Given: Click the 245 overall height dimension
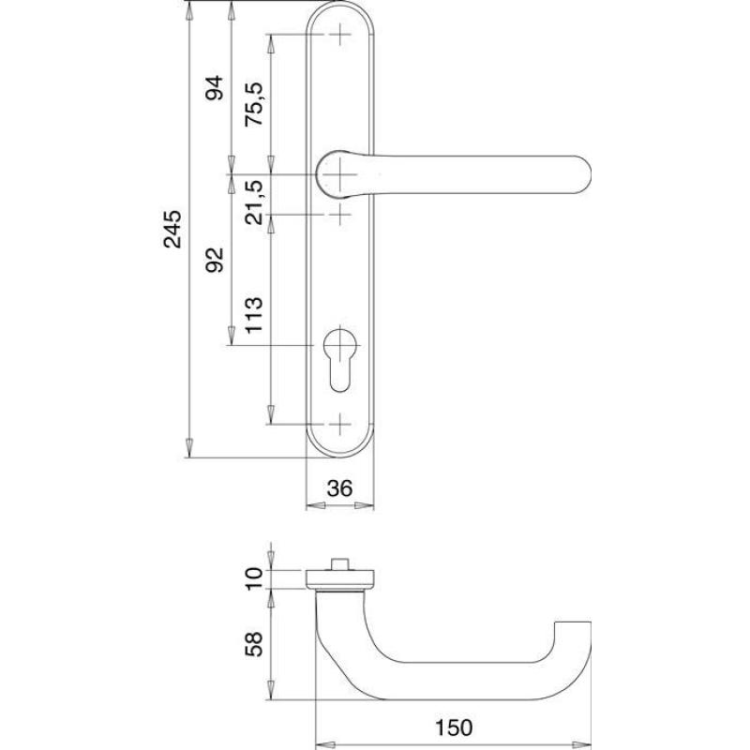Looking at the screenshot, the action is pyautogui.click(x=173, y=229).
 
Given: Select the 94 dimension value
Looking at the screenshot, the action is pyautogui.click(x=215, y=87).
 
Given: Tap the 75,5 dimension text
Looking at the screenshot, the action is pyautogui.click(x=254, y=104).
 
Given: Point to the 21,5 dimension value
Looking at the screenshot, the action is pyautogui.click(x=254, y=202).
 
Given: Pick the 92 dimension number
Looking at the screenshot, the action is pyautogui.click(x=215, y=260).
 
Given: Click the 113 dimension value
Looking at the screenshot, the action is pyautogui.click(x=254, y=315).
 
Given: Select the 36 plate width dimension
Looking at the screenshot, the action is pyautogui.click(x=339, y=488).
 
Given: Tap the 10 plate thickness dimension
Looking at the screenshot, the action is pyautogui.click(x=254, y=578).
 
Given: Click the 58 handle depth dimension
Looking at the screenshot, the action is pyautogui.click(x=254, y=644).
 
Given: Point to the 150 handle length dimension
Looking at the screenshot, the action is pyautogui.click(x=454, y=727).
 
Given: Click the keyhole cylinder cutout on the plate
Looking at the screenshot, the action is pyautogui.click(x=340, y=361).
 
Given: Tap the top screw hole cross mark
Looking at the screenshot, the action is pyautogui.click(x=340, y=35).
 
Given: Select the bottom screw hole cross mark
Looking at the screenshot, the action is pyautogui.click(x=340, y=424).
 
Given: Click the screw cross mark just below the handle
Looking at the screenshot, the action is pyautogui.click(x=340, y=215).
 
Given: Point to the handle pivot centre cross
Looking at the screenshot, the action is pyautogui.click(x=340, y=174).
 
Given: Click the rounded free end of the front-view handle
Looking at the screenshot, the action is pyautogui.click(x=581, y=174).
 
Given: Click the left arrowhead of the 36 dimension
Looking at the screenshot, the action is pyautogui.click(x=316, y=505).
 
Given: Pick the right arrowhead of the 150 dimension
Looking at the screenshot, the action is pyautogui.click(x=581, y=744).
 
